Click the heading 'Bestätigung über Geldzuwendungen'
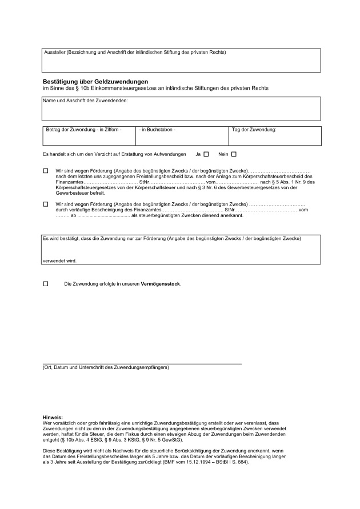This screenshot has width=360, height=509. (x=95, y=82)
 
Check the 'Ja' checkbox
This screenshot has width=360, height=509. (x=206, y=154)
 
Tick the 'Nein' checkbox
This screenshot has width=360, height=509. (x=234, y=154)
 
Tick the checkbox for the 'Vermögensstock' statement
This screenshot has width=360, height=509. (x=46, y=284)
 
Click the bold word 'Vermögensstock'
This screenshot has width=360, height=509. (x=161, y=284)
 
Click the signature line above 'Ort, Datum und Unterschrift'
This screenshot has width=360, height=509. (x=142, y=363)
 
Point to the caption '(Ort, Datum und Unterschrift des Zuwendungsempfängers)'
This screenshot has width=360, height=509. (x=106, y=368)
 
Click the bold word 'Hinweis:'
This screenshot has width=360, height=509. (x=53, y=418)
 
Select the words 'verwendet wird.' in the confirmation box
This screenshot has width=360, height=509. (x=59, y=261)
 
